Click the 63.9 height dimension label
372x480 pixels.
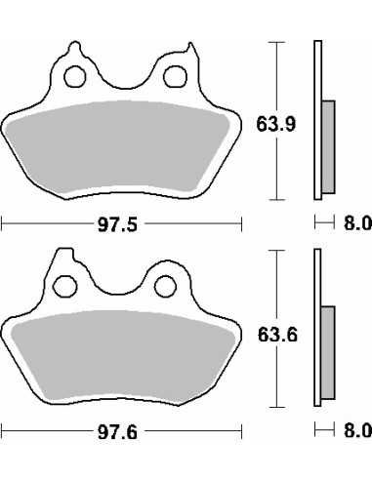276,124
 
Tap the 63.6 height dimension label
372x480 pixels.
277,335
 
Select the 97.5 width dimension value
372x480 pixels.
118,224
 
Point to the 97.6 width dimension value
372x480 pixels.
118,432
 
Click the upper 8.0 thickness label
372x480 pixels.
357,223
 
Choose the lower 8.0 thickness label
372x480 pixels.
357,431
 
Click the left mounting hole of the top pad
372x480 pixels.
75,76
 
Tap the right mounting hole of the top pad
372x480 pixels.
176,76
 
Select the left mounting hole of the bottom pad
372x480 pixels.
65,286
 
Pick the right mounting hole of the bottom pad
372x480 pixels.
166,286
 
